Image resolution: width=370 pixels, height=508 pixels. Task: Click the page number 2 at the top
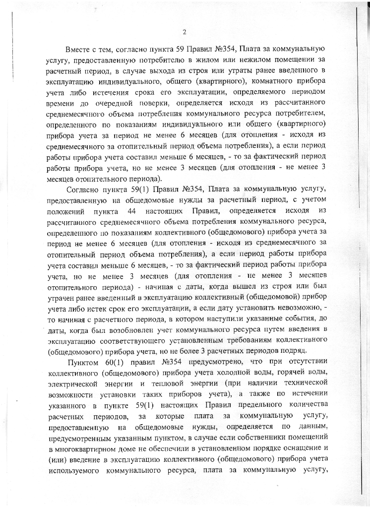[185, 33]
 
